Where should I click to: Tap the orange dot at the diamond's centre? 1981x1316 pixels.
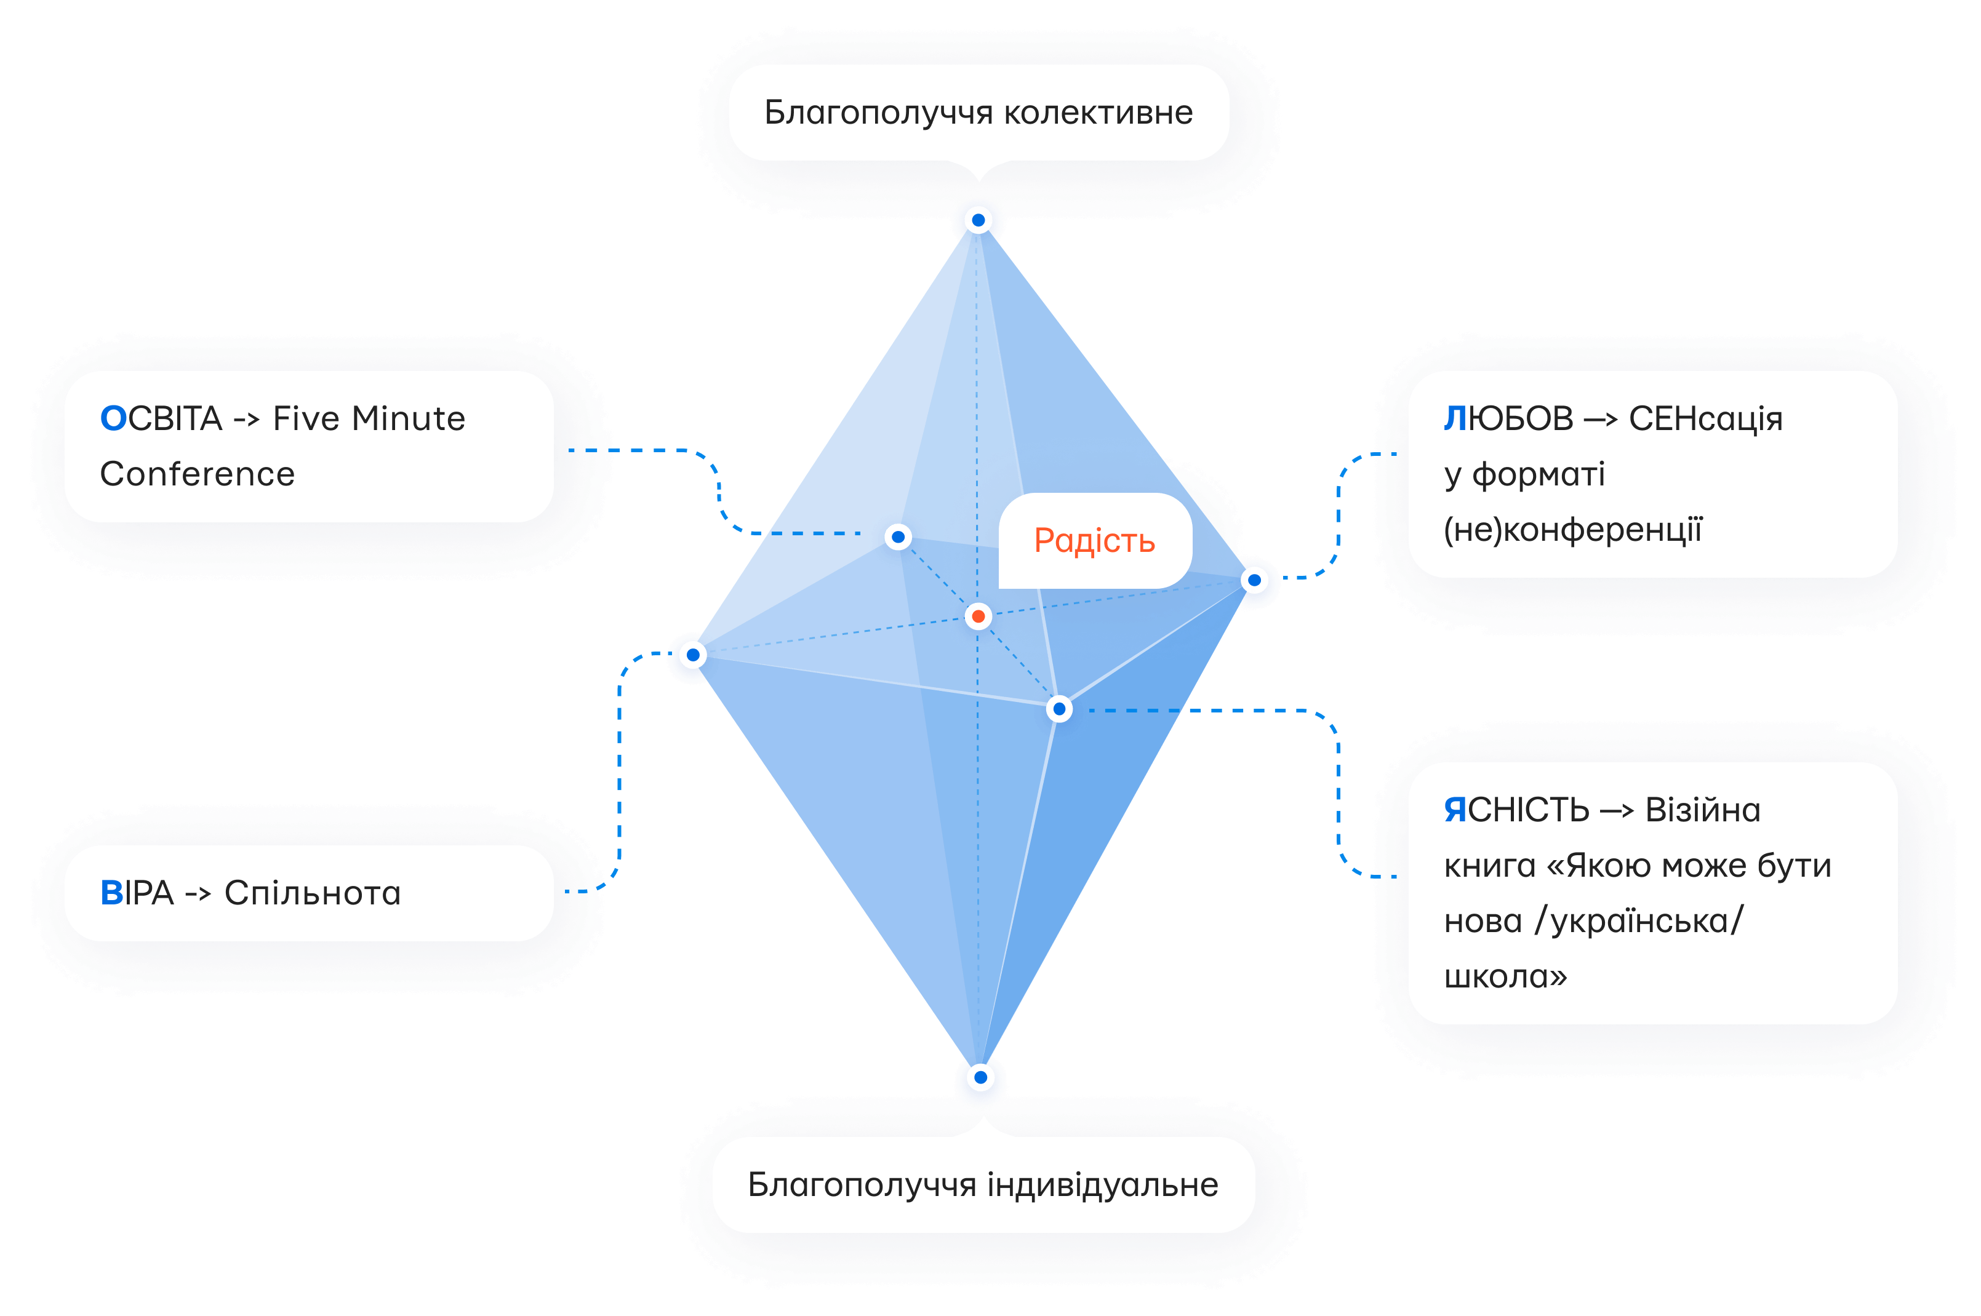(x=978, y=617)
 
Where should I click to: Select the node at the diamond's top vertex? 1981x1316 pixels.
(x=978, y=221)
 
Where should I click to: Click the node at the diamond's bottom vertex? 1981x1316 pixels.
(x=980, y=1077)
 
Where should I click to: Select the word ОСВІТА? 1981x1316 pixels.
(x=161, y=418)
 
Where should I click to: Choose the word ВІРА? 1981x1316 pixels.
(x=137, y=893)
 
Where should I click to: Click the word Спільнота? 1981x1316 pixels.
(x=312, y=893)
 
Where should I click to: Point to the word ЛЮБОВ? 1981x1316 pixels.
(x=1508, y=418)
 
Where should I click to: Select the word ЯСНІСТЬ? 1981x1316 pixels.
(x=1516, y=810)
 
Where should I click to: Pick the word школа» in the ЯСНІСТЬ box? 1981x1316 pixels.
(x=1505, y=976)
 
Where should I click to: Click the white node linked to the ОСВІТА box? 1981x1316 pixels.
(x=898, y=536)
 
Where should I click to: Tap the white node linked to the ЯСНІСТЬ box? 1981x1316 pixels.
(x=1059, y=709)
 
